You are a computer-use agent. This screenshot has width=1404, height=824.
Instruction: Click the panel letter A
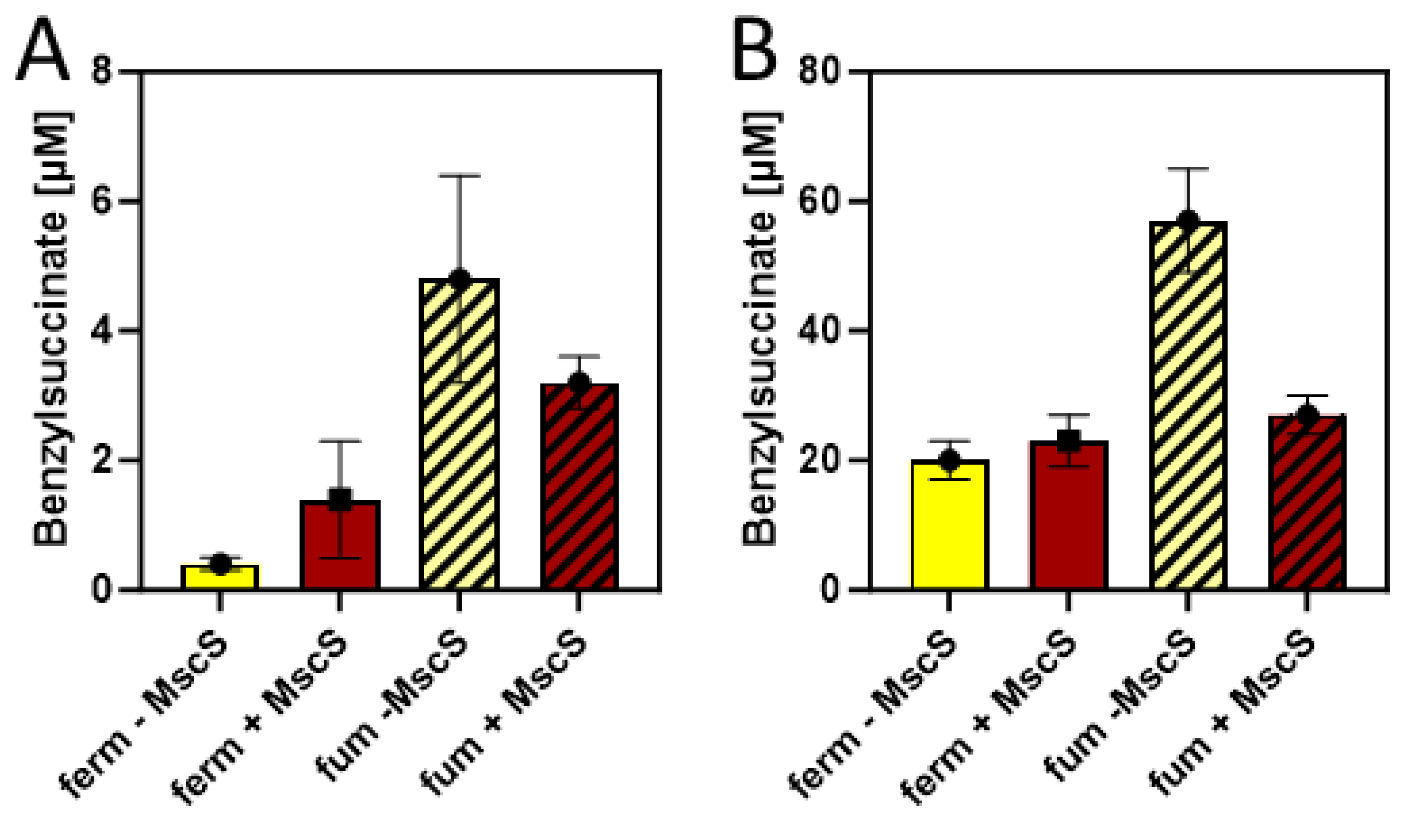coord(42,51)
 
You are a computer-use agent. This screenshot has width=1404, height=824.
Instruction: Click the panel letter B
coord(755,51)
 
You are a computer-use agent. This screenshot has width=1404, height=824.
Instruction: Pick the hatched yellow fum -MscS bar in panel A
coord(458,446)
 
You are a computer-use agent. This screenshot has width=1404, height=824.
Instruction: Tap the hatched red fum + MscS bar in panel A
coord(579,490)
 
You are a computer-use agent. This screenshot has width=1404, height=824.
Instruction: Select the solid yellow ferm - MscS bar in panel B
coord(950,530)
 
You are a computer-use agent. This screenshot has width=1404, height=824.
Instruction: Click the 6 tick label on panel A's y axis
coord(103,201)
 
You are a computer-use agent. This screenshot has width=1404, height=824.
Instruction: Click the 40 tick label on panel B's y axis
coord(819,331)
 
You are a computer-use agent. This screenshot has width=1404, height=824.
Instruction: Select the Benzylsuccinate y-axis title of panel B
coord(761,329)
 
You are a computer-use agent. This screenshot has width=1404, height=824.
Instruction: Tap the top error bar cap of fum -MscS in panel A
coord(459,175)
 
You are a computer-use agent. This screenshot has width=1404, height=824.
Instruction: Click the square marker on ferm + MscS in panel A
coord(340,499)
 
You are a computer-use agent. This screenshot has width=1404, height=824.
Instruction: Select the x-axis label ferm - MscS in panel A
coord(145,719)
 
